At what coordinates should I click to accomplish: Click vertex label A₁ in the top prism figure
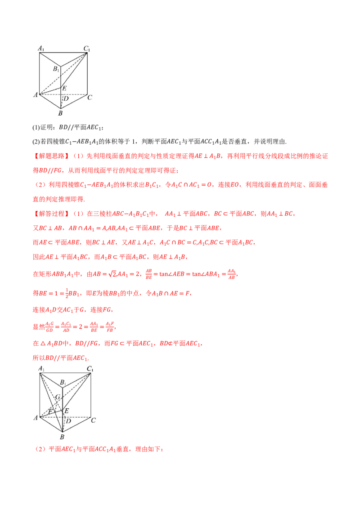pos(41,49)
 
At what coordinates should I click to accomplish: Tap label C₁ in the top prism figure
pos(86,49)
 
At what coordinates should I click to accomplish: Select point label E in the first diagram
pos(64,88)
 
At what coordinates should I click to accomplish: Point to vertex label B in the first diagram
pos(60,113)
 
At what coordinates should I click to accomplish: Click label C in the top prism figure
pos(90,97)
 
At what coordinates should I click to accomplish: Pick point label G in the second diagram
pos(58,397)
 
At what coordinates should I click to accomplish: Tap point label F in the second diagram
pos(50,411)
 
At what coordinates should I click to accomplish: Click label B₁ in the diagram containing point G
pos(63,383)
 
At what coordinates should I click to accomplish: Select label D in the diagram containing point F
pos(68,421)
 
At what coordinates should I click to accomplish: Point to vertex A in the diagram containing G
pos(36,418)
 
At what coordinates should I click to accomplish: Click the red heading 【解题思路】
pos(51,156)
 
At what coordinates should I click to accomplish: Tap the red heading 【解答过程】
pos(51,214)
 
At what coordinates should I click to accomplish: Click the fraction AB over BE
pos(149,274)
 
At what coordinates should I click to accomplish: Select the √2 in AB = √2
pos(112,274)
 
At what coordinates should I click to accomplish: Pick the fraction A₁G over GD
pos(49,327)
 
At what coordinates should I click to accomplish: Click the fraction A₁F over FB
pos(110,327)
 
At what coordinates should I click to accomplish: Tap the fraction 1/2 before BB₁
pos(67,293)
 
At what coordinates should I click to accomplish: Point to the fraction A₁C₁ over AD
pos(66,327)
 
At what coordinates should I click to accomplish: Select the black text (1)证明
pos(44,127)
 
